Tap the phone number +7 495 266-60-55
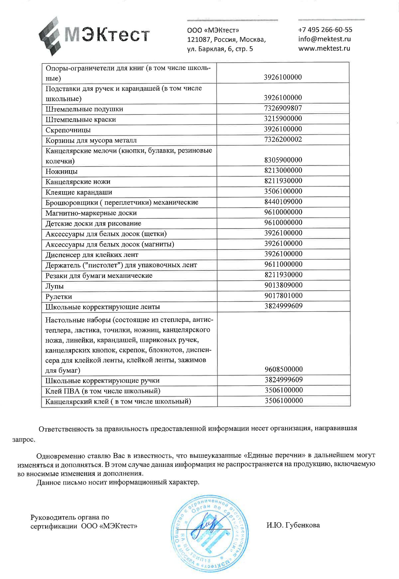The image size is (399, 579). point(325,30)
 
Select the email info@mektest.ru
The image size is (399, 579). point(324,39)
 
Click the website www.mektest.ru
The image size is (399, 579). point(324,48)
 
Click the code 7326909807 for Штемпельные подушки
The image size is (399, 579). point(283,108)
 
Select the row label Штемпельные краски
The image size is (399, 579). point(81,120)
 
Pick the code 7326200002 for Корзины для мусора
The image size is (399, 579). point(283,139)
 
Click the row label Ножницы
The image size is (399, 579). point(62,172)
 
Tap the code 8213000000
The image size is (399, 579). point(283,170)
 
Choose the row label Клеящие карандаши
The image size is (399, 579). point(79,192)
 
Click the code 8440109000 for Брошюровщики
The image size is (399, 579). point(283,202)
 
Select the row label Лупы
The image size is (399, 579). point(55,286)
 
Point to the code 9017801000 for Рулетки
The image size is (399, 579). point(283,296)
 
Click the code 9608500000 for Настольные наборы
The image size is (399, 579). point(283,369)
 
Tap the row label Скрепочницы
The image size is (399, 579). point(68,130)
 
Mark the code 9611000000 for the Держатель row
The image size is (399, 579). point(283,264)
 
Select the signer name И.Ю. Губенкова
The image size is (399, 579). point(293,525)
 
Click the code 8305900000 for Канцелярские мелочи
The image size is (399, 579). point(283,160)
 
